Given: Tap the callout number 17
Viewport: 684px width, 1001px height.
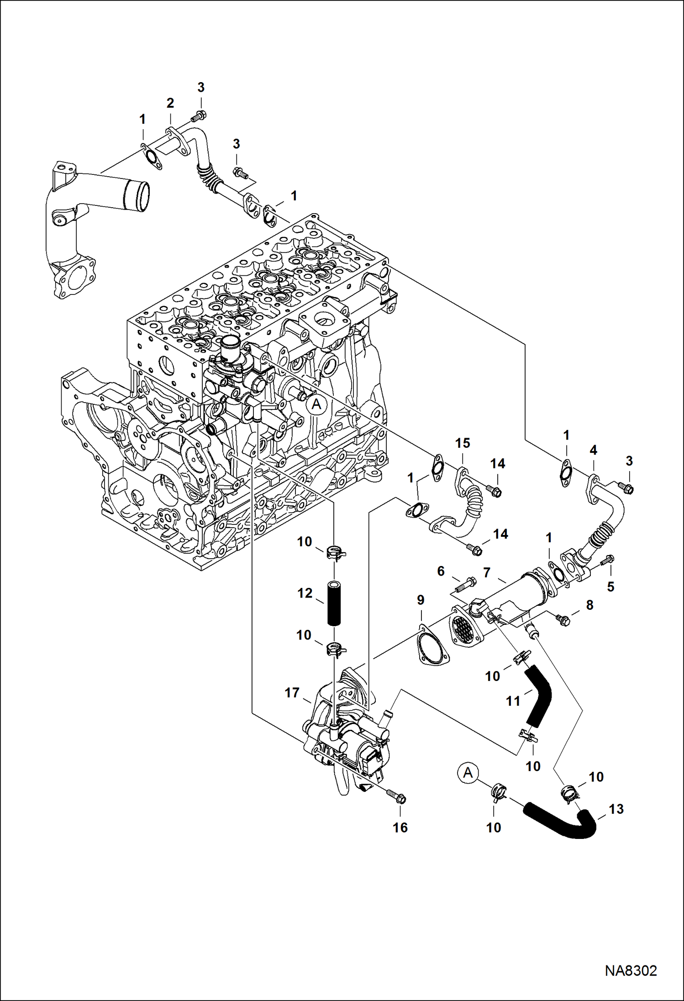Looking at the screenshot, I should (x=292, y=693).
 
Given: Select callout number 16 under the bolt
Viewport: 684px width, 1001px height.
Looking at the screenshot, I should (x=400, y=828).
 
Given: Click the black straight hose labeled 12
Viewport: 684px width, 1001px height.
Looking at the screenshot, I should (x=334, y=604).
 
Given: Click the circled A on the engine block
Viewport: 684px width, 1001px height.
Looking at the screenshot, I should (x=316, y=404).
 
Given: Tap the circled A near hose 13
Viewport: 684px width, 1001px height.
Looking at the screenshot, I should (x=467, y=773).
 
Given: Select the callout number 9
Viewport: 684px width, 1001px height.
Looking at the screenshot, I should (x=420, y=600).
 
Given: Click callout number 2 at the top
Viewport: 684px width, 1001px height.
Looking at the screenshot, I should (x=170, y=103).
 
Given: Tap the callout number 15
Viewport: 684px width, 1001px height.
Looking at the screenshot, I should (x=463, y=443).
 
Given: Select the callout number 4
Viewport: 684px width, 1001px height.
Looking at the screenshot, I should (x=593, y=451).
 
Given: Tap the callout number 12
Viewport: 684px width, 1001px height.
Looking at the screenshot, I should (x=305, y=593).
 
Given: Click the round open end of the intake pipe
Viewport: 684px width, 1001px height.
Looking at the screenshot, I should (x=138, y=194).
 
